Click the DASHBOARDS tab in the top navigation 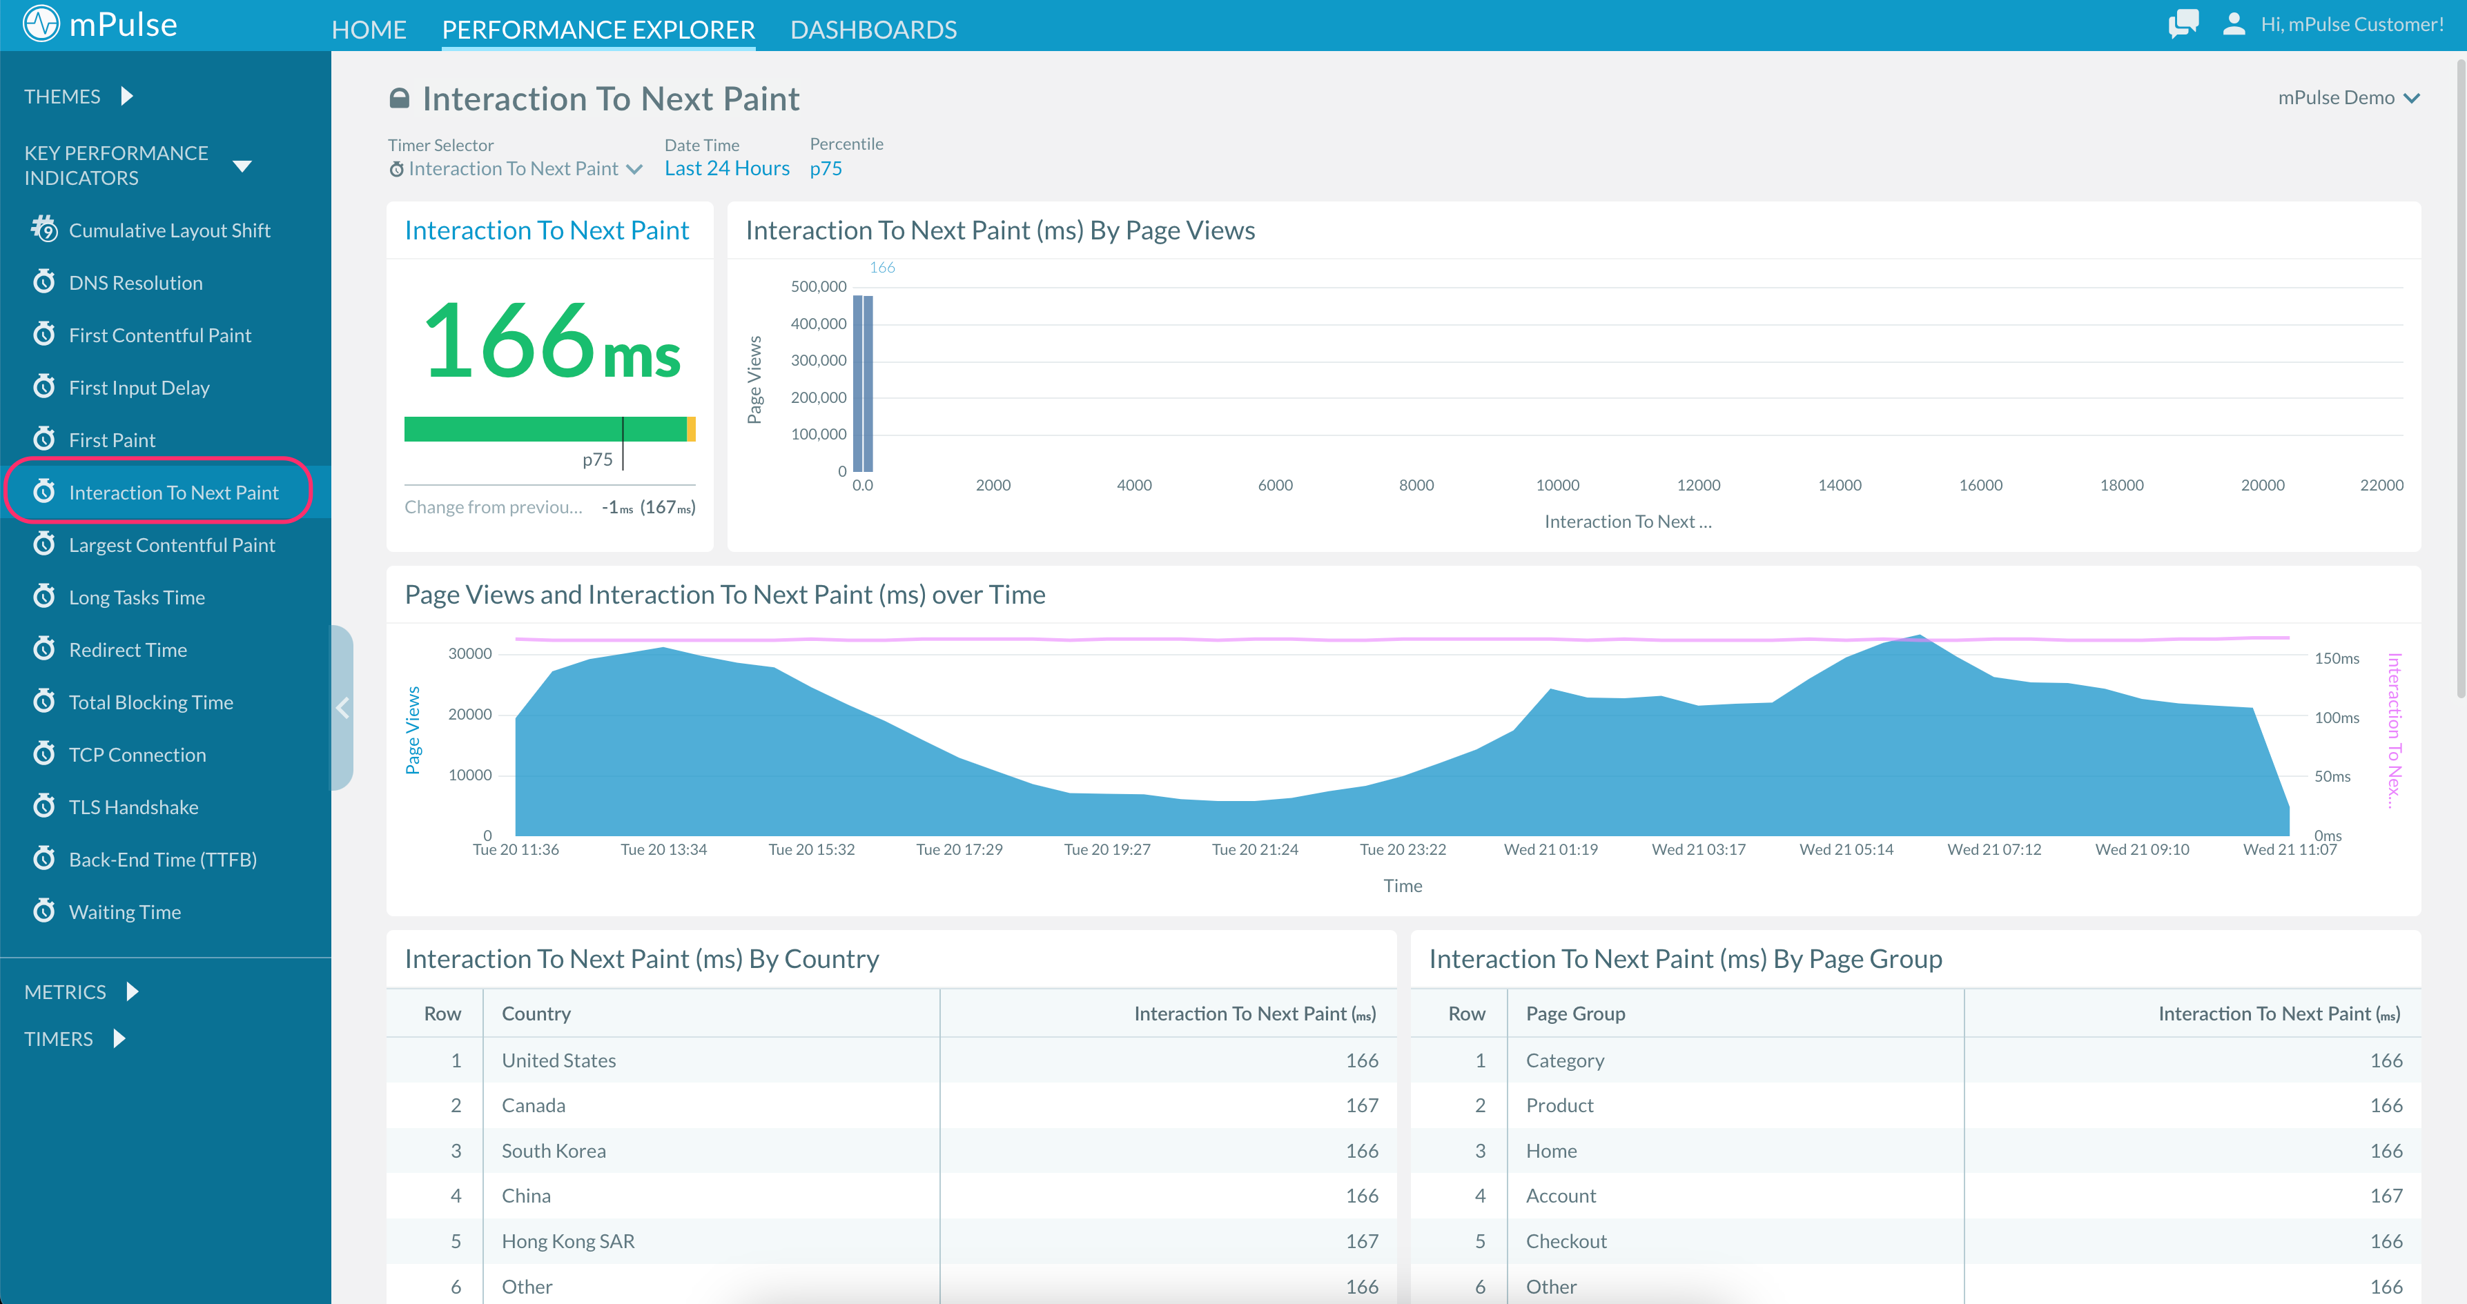[872, 30]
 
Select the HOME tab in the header [369, 30]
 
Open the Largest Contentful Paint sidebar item [171, 545]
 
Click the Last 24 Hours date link [727, 168]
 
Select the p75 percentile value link [826, 168]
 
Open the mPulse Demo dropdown [2348, 98]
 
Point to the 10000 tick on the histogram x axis [1557, 486]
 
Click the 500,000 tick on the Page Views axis [818, 286]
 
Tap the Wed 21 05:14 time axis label [1846, 849]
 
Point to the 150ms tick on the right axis [2336, 659]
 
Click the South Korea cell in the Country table [554, 1151]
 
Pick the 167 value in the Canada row [1361, 1106]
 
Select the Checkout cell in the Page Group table [1566, 1241]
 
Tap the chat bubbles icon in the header [2183, 24]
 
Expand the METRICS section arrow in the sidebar [132, 992]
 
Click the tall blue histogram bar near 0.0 [863, 383]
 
